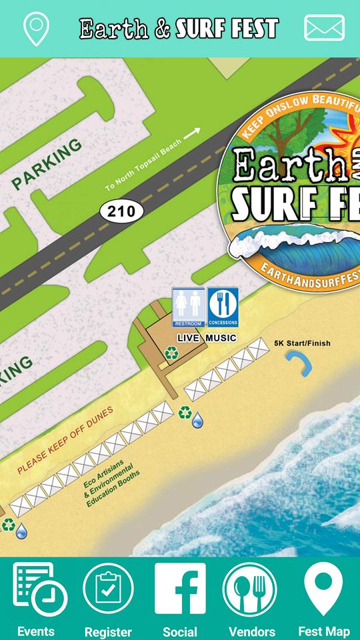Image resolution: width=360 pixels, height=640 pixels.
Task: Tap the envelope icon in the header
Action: (x=324, y=28)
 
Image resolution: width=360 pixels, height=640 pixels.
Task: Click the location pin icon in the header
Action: (x=35, y=28)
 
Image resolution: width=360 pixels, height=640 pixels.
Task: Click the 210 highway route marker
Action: (x=122, y=212)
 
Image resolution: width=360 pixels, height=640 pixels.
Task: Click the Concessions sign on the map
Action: (x=223, y=307)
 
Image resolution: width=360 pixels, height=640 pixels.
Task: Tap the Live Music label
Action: (x=207, y=338)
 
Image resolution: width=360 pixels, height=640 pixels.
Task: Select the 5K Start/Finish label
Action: (x=302, y=344)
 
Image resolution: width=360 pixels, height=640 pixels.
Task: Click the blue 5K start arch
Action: (x=299, y=363)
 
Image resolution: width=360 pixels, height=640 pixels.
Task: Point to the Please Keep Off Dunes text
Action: (x=65, y=440)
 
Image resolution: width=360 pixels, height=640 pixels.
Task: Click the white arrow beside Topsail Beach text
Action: (x=192, y=133)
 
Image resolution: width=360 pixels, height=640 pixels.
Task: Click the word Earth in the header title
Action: (x=114, y=29)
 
